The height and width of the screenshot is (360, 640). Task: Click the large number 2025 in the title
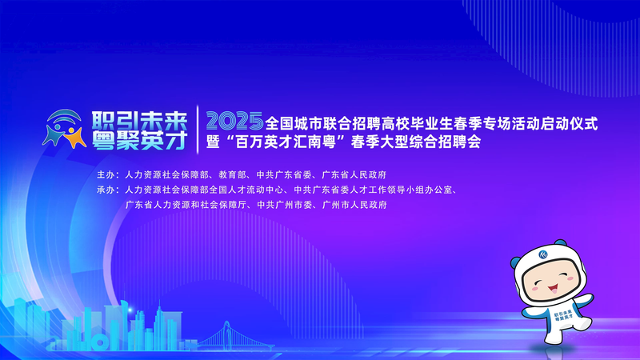[234, 122]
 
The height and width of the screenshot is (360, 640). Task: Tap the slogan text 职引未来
[139, 121]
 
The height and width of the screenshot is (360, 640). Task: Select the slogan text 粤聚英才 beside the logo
[139, 141]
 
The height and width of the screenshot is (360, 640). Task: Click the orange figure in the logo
[74, 138]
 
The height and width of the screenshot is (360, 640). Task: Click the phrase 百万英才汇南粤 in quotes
[286, 142]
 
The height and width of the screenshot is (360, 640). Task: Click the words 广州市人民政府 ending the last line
[354, 205]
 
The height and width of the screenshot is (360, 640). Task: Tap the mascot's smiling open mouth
[553, 289]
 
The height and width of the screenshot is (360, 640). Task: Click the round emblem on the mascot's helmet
[543, 254]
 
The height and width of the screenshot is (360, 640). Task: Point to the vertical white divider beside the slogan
[198, 130]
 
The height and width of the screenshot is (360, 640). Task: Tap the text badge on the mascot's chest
[563, 315]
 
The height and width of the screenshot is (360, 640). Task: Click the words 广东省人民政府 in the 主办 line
[354, 174]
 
